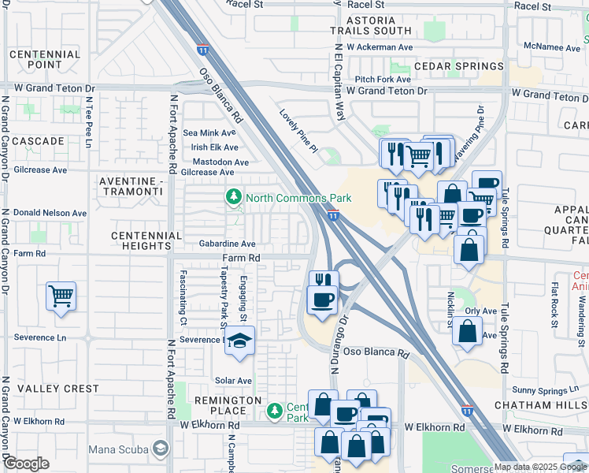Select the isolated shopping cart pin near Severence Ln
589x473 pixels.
tap(61, 297)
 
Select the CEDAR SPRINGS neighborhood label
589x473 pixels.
tap(458, 67)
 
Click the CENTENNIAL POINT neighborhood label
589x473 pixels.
tap(44, 59)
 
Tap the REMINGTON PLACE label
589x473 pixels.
tap(229, 405)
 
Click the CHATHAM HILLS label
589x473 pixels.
tap(541, 404)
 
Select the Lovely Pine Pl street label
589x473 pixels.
tap(298, 131)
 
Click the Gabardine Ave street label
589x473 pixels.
tap(227, 244)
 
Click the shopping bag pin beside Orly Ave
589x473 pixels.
tap(467, 331)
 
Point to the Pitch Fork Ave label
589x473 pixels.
tap(383, 80)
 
